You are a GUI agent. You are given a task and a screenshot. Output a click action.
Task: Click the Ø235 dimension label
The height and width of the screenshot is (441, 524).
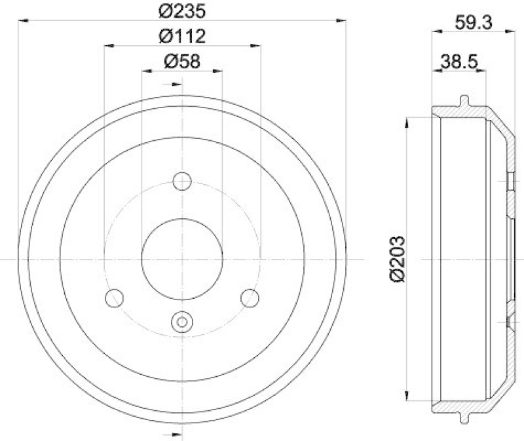coord(181,11)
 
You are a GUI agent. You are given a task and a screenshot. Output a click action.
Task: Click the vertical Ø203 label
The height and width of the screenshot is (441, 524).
coord(396,258)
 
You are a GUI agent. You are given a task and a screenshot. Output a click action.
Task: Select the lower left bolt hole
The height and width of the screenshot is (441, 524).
coord(114,298)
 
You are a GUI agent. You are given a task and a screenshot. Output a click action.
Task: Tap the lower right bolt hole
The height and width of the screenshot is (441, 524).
coord(250,298)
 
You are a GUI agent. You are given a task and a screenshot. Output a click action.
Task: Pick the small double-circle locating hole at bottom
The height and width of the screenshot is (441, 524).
coord(181,322)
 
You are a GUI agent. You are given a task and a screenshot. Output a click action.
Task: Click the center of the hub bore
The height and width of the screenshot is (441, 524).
coord(181,258)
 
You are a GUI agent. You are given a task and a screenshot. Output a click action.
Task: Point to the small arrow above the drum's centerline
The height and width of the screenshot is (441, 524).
coord(176,84)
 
